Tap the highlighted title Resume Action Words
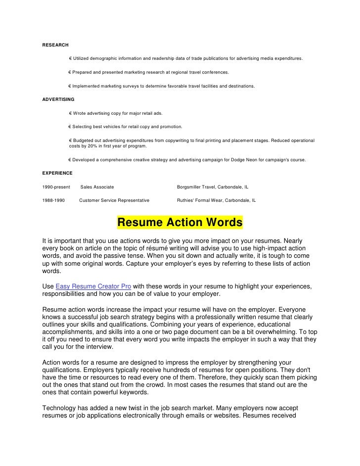pos(180,223)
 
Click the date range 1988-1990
pos(54,201)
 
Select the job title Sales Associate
pos(97,187)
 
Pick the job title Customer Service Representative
pos(114,201)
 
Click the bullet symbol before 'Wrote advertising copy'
pos(71,113)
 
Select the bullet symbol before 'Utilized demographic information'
pos(71,58)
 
